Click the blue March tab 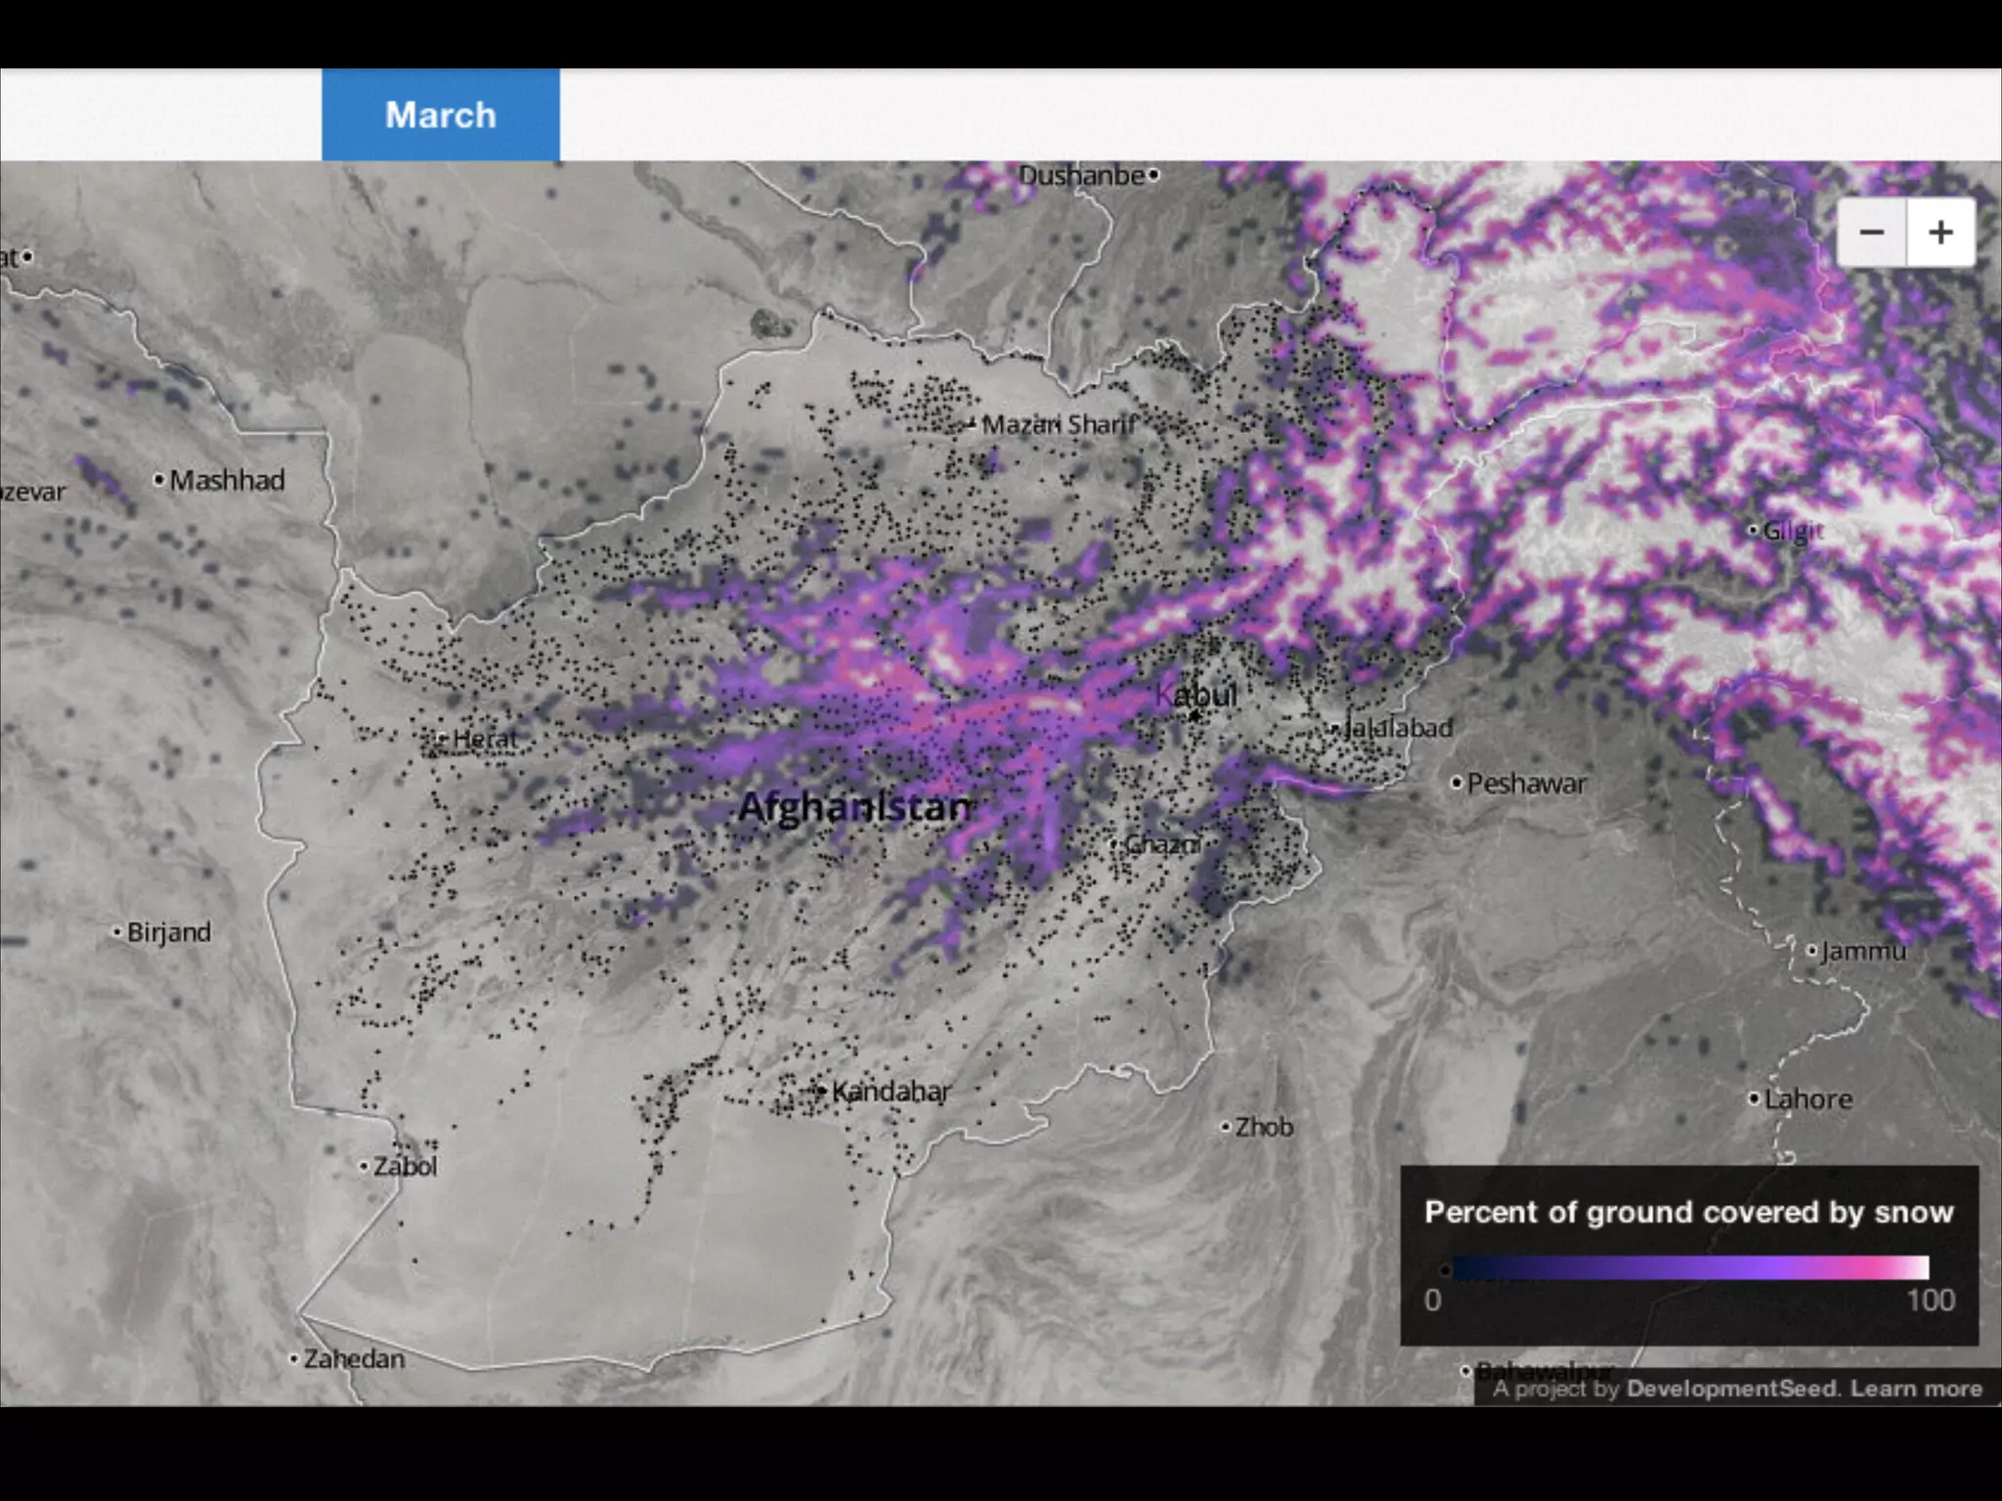coord(440,114)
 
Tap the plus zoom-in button coord(1940,233)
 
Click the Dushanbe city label coord(1081,176)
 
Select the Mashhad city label coord(227,480)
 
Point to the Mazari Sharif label coord(1059,424)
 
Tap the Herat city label coord(484,739)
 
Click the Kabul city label coord(1197,695)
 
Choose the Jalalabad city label coord(1398,728)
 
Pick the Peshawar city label coord(1526,784)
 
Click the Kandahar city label coord(890,1092)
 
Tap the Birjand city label coord(168,932)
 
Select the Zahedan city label coord(353,1359)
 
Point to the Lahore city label coord(1807,1099)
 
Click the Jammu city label coord(1862,951)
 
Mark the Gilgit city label coord(1793,531)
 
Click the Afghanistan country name coord(855,807)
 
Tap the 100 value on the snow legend coord(1930,1301)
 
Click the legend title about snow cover coord(1688,1213)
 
